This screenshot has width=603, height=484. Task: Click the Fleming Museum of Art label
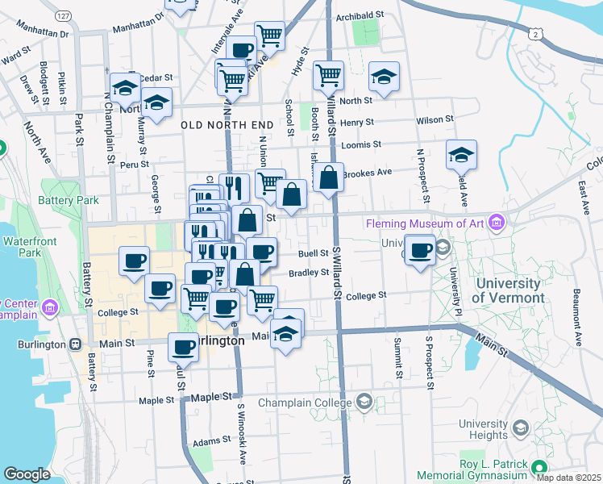(427, 223)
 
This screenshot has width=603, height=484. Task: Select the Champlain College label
(307, 402)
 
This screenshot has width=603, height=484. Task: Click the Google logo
(27, 474)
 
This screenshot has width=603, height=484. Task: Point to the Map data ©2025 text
(569, 478)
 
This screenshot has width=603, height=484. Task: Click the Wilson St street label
(435, 120)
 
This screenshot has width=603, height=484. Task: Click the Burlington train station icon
(75, 344)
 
